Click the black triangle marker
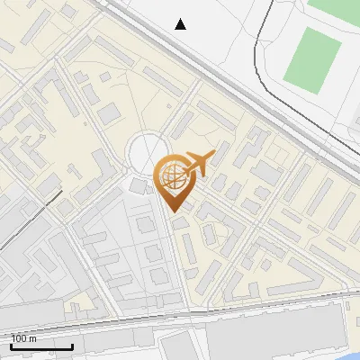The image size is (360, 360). pyautogui.click(x=181, y=23)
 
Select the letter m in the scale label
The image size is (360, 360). pyautogui.click(x=32, y=338)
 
